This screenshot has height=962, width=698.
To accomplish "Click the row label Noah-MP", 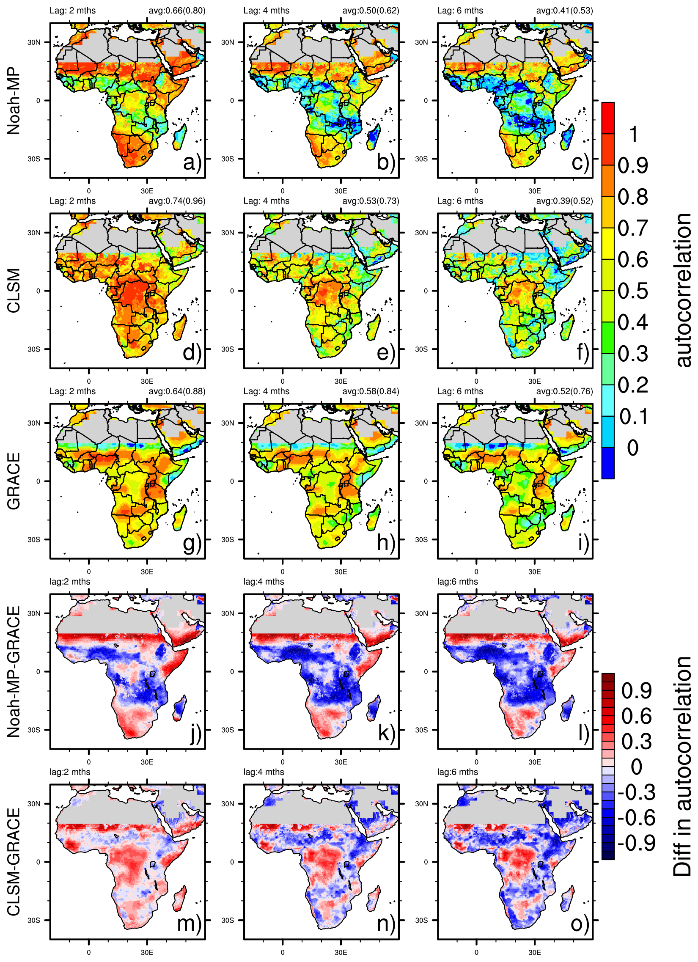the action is pos(14,101).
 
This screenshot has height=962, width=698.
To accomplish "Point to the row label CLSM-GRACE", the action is pos(14,861).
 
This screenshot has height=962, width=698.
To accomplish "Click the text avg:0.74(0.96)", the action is pos(177,201).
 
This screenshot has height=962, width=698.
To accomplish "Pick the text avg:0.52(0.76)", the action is pos(564,391).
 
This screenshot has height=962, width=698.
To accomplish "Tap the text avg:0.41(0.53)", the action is pos(564,10).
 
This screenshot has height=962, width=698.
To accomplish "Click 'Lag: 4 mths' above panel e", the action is pos(267,201).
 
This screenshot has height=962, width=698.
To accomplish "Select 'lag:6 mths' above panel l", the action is pos(458,582).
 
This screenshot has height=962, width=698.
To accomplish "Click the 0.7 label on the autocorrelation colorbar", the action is pos(633,228).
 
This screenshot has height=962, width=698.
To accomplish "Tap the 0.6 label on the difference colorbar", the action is pos(637,716).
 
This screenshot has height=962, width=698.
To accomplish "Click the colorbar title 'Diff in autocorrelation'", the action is pos(682,767).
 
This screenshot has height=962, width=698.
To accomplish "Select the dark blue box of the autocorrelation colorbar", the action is pos(607,463).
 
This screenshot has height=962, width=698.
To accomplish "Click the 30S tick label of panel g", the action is pos(34,539).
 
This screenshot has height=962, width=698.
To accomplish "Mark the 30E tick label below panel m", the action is pos(147,953).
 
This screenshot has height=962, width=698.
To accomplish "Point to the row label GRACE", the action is pos(14,481).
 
